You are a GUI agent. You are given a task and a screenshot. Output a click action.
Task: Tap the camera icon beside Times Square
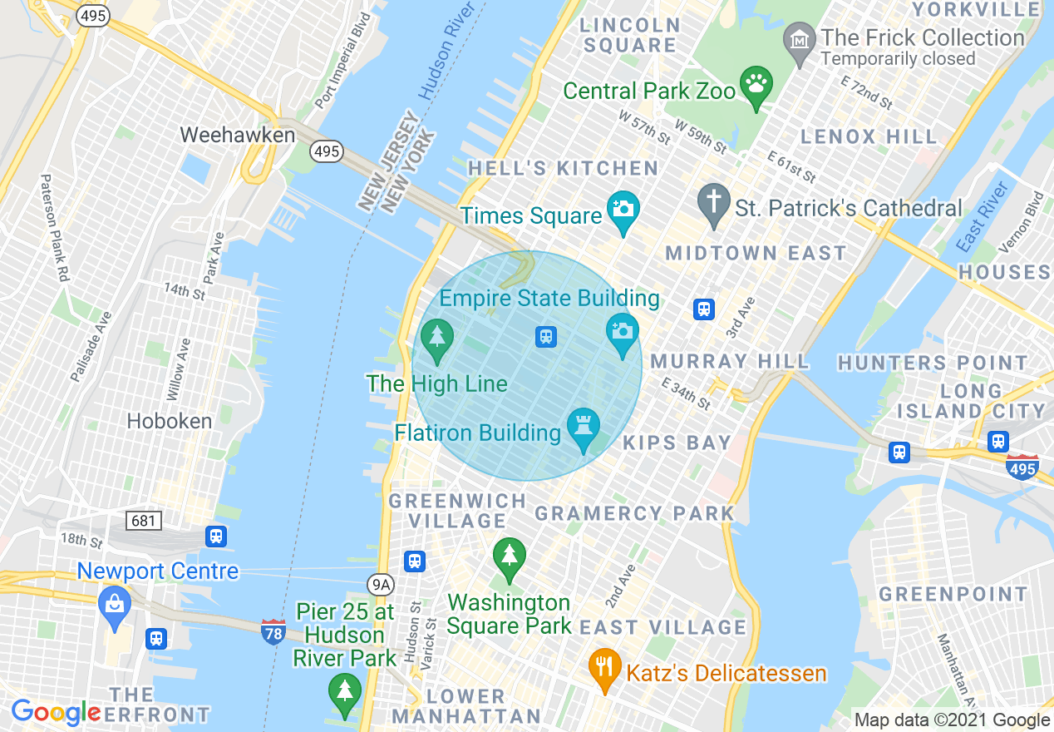point(623,208)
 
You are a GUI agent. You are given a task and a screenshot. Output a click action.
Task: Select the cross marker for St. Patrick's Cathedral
point(713,202)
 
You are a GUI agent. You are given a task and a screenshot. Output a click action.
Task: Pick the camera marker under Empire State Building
point(623,332)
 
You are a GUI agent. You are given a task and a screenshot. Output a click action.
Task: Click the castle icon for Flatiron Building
point(583,427)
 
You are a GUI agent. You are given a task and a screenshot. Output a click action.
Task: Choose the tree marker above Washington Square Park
point(509,556)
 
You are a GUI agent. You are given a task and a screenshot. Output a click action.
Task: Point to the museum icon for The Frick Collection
point(800,42)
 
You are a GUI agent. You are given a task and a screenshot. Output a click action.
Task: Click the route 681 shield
point(144,521)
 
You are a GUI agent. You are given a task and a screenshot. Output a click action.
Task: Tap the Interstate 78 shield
point(273,631)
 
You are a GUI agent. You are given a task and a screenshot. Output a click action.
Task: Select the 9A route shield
point(381,585)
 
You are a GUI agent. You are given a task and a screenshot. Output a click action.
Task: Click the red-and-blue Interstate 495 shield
point(1022,467)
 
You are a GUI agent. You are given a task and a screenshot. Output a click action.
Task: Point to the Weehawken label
point(237,135)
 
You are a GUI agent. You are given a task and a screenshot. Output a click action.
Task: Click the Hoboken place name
point(169,421)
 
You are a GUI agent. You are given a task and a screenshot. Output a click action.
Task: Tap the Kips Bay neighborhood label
point(677,443)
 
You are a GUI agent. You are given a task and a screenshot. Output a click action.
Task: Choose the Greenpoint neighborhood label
point(953,594)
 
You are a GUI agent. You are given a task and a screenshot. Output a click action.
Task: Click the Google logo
point(56,713)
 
